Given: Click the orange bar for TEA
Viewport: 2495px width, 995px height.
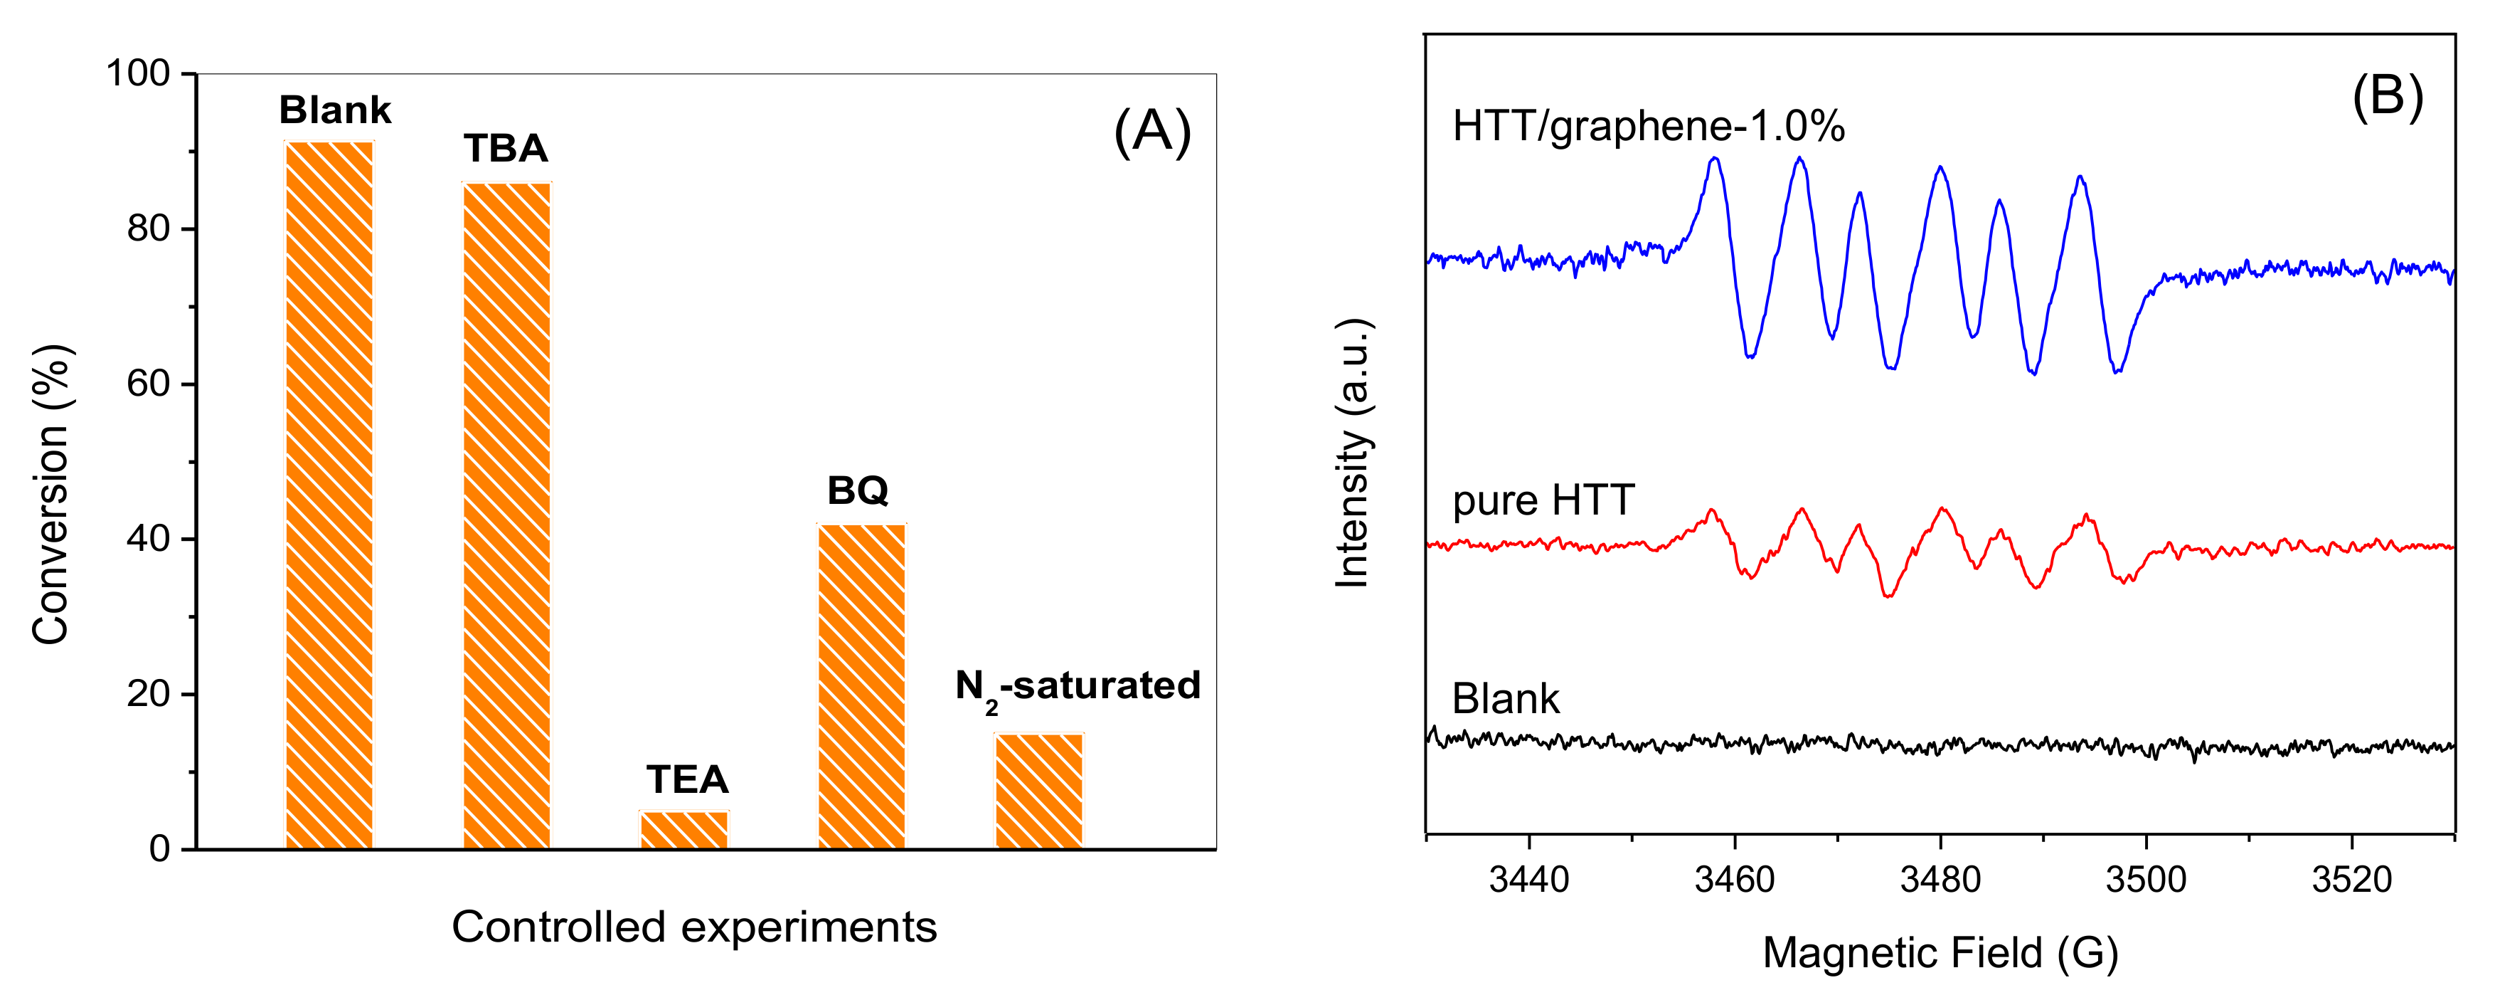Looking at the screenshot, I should [683, 831].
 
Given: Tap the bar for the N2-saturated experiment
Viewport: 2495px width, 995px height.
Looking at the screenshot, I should [1039, 791].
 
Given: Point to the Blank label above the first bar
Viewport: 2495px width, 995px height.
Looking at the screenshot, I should [335, 110].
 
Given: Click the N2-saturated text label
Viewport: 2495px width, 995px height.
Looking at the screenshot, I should [1077, 687].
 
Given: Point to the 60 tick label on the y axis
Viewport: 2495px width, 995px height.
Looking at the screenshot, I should [148, 384].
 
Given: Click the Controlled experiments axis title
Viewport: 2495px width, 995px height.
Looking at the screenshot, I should [693, 927].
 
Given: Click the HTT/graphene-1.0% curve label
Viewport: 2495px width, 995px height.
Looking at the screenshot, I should [1649, 127].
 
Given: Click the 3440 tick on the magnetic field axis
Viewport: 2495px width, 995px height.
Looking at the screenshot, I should [1528, 880].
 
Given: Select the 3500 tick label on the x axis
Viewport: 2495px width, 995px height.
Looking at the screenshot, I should [2146, 880].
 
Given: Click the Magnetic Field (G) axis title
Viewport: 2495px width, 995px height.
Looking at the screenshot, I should [1940, 953].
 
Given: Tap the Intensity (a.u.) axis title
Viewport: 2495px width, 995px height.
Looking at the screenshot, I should [1353, 453].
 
